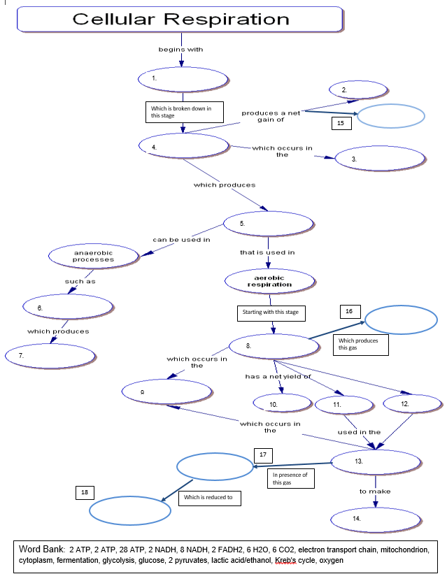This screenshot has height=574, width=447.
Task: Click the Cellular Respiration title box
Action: click(x=180, y=20)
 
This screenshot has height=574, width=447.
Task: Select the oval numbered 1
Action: click(x=183, y=80)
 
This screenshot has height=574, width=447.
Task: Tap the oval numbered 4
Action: click(x=184, y=145)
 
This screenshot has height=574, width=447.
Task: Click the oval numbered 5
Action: click(x=269, y=224)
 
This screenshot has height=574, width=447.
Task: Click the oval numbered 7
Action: click(x=50, y=356)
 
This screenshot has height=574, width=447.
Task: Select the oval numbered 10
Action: click(x=282, y=403)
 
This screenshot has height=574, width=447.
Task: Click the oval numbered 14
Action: click(x=375, y=518)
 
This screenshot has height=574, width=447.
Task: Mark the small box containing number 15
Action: click(x=341, y=123)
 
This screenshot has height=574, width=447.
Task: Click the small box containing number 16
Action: click(x=350, y=311)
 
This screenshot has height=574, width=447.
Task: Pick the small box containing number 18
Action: click(x=85, y=492)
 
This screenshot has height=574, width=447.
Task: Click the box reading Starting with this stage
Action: click(x=271, y=312)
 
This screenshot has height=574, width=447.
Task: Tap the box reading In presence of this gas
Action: click(x=290, y=478)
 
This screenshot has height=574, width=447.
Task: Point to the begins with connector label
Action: click(x=180, y=50)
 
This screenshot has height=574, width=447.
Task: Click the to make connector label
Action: click(x=375, y=492)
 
